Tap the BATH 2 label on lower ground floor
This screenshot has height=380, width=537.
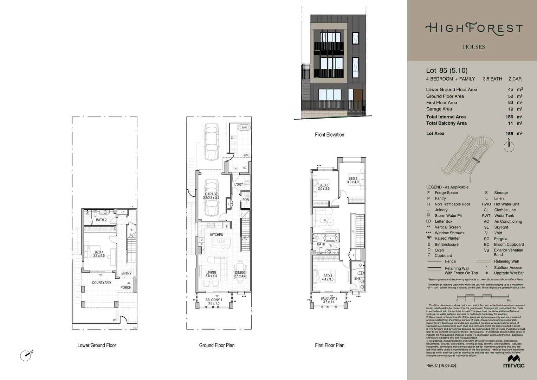tap(101, 220)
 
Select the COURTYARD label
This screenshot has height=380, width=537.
tap(101, 283)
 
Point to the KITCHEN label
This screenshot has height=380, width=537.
tap(216, 235)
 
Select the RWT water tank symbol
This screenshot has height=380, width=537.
tap(244, 128)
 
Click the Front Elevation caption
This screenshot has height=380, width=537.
tap(329, 134)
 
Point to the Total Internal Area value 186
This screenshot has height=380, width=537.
tap(509, 117)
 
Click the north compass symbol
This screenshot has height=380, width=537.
tap(509, 146)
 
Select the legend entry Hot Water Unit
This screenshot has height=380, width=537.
tap(506, 204)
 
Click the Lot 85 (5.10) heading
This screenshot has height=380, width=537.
tap(447, 70)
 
